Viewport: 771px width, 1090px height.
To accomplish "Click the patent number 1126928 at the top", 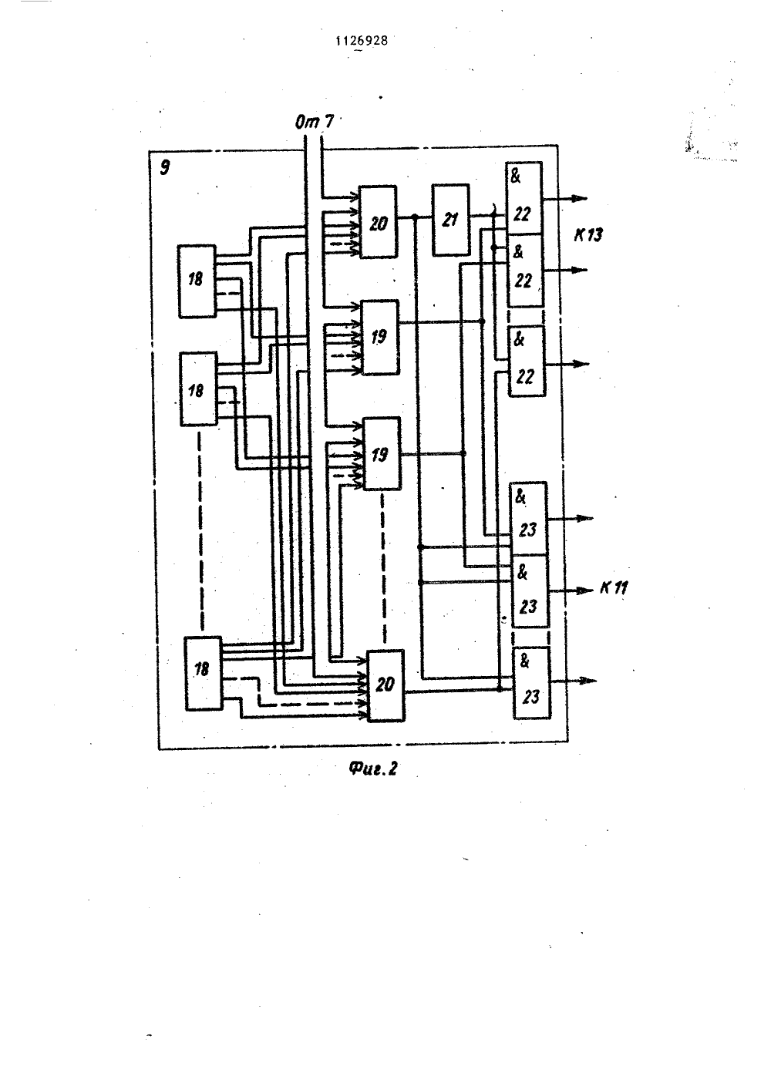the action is tap(362, 41).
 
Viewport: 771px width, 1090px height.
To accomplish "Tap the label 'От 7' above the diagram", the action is tap(315, 121).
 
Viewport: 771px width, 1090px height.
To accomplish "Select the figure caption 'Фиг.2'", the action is tap(373, 769).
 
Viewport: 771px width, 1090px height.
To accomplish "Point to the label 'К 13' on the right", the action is tap(588, 235).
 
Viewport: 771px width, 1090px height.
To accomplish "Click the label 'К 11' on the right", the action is tap(614, 587).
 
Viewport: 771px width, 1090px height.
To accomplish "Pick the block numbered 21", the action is tap(451, 220).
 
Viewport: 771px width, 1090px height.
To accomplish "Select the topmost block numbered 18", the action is tap(196, 281).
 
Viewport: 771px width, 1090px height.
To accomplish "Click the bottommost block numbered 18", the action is tap(203, 674).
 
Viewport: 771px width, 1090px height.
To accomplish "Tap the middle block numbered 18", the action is tap(198, 389).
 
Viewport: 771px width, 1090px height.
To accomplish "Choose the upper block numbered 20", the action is tap(378, 222).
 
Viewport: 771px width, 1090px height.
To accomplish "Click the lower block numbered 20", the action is tap(385, 685).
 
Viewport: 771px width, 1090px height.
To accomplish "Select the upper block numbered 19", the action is tap(379, 337).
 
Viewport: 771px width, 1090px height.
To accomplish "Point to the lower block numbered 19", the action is tap(382, 453).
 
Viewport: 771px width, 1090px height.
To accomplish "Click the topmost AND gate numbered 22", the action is tap(524, 198).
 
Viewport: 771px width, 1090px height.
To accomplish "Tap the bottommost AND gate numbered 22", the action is tap(527, 361).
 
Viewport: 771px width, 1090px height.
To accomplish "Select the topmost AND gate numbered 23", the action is tap(529, 518).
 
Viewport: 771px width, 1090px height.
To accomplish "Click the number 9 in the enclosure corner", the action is tap(166, 168).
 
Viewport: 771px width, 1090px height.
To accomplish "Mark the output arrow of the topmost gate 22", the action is tap(564, 199).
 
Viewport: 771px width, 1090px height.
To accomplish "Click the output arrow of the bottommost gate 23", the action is tap(574, 681).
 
